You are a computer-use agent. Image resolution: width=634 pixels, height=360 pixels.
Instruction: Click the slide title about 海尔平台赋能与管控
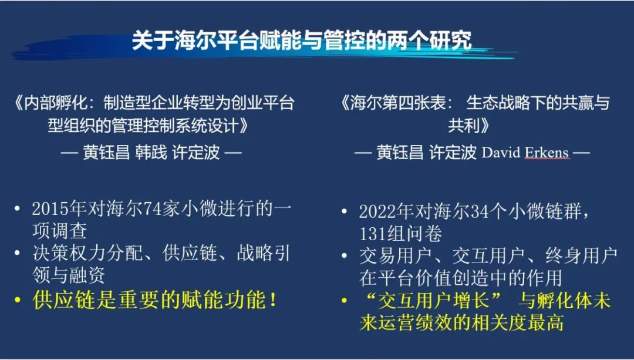(301, 42)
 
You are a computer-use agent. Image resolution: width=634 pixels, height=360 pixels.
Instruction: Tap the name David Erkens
(525, 153)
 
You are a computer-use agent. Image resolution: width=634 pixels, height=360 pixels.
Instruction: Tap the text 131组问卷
(400, 234)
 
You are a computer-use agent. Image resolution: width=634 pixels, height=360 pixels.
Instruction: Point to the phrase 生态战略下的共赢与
(537, 103)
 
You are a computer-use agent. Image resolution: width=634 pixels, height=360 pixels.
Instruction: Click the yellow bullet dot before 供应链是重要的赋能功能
(18, 301)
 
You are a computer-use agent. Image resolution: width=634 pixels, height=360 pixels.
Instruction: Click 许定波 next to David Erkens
(453, 153)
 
